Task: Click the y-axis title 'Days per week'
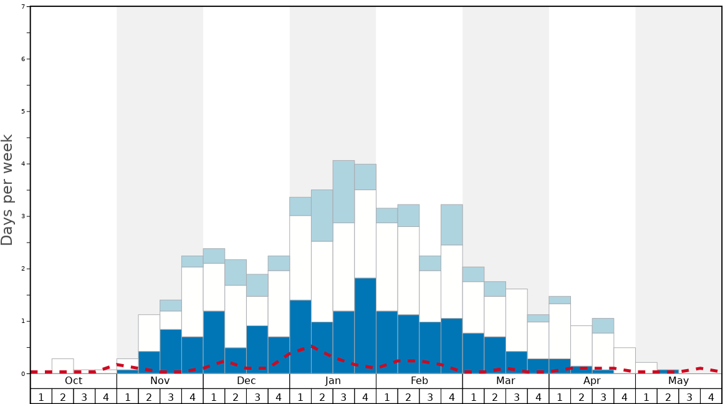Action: (x=7, y=190)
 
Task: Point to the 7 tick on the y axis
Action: (x=23, y=7)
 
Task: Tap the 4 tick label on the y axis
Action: (x=23, y=164)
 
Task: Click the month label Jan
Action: (x=333, y=381)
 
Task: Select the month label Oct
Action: (x=74, y=381)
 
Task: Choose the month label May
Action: (x=678, y=381)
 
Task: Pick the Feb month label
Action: (x=419, y=381)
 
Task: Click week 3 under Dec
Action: (x=257, y=397)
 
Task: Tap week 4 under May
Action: (x=711, y=397)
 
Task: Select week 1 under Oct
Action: (x=41, y=397)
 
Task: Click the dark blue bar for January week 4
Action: (x=365, y=325)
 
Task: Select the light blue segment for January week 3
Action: (x=343, y=191)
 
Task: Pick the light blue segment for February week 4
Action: (x=452, y=224)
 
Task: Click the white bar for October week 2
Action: (x=62, y=366)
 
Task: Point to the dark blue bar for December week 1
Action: (x=214, y=342)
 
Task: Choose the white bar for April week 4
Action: (x=625, y=360)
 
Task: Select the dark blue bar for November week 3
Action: (x=171, y=351)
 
